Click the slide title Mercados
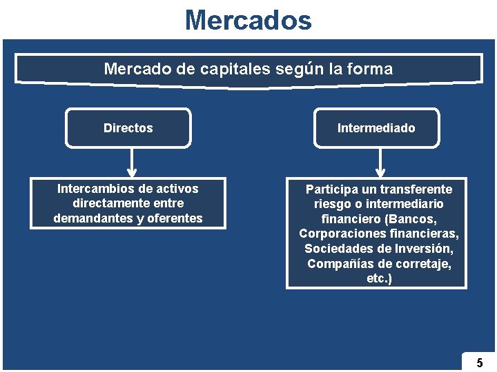click(x=248, y=20)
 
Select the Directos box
click(x=128, y=128)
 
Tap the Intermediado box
click(x=376, y=128)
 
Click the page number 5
click(x=479, y=362)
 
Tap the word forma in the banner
click(x=371, y=69)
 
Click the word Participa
click(x=331, y=189)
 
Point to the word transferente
click(x=417, y=189)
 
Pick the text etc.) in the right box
click(x=379, y=279)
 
